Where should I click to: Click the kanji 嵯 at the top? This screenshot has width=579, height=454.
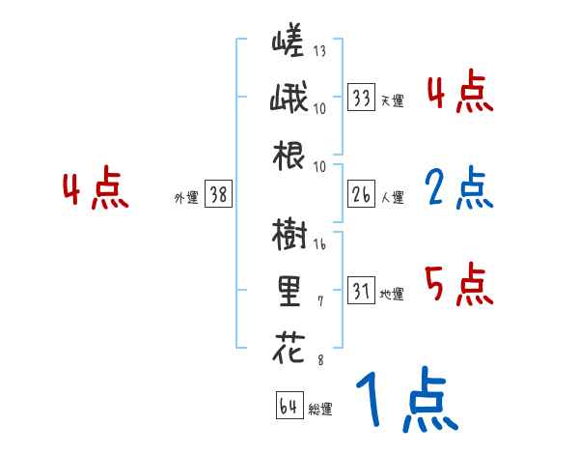[x=289, y=43]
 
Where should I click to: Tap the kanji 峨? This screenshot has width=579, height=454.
[x=289, y=99]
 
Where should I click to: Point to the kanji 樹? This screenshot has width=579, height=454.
[x=289, y=235]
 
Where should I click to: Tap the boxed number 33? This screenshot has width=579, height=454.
[x=362, y=98]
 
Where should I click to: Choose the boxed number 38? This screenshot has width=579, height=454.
[x=218, y=196]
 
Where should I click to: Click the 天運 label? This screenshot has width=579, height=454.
[x=392, y=100]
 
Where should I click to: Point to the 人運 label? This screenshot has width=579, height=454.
[x=392, y=198]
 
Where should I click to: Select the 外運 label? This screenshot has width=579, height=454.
[x=186, y=198]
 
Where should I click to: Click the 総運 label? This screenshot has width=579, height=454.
[x=320, y=410]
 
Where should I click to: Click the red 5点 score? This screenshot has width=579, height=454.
[x=459, y=285]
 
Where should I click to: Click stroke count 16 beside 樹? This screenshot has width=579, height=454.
[x=320, y=245]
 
